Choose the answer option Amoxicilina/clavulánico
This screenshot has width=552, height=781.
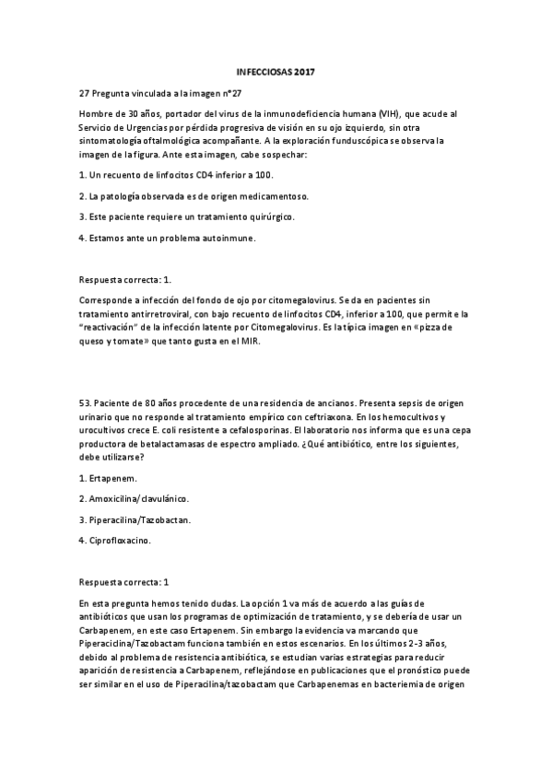tap(134, 498)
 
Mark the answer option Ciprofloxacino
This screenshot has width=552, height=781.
tap(116, 541)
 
